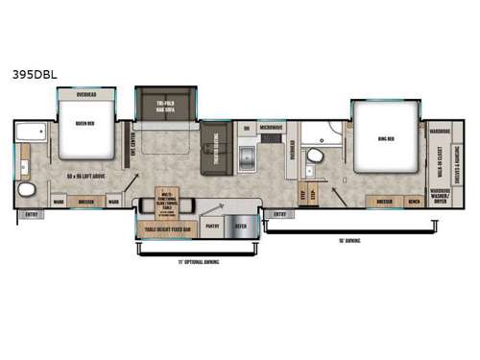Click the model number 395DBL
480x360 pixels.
(33, 73)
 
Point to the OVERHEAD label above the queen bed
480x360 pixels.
(80, 95)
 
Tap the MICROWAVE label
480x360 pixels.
(272, 127)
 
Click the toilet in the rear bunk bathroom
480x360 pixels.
(25, 188)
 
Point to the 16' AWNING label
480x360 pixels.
(348, 240)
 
